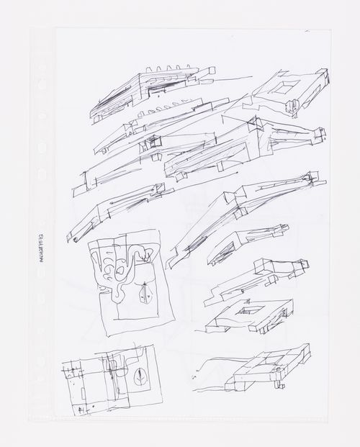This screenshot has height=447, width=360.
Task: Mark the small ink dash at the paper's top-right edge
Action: pyautogui.click(x=308, y=32)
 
